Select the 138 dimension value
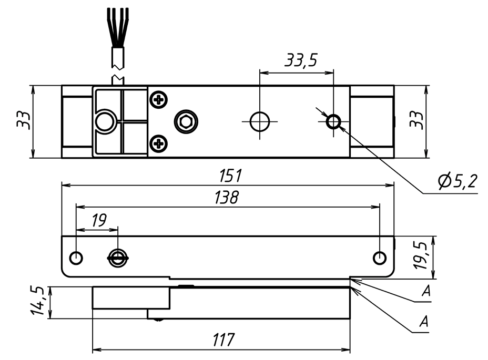(x=227, y=198)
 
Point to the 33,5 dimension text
(x=301, y=61)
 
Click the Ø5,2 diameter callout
(x=456, y=182)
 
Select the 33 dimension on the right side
(x=416, y=121)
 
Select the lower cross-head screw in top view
(x=158, y=143)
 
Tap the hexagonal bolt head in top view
(x=185, y=122)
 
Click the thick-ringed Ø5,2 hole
(x=333, y=121)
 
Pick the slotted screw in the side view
(x=118, y=258)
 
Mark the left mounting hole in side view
(x=76, y=258)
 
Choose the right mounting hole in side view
(x=379, y=258)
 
